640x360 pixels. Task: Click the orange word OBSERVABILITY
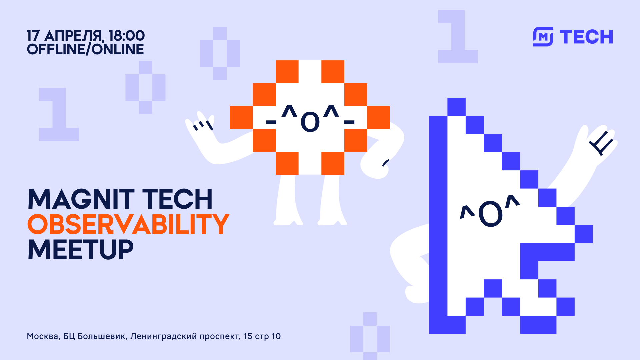128,224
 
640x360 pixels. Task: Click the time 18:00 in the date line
127,36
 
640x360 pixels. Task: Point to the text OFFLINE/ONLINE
85,49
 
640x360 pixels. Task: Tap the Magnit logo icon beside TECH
543,37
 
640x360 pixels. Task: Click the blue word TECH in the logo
586,37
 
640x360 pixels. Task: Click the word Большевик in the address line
102,336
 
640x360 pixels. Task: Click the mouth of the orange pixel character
310,122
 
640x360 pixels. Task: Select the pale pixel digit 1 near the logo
458,37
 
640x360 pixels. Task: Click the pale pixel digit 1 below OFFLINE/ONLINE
59,114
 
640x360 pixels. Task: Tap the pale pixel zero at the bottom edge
370,337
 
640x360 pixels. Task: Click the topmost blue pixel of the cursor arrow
456,107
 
